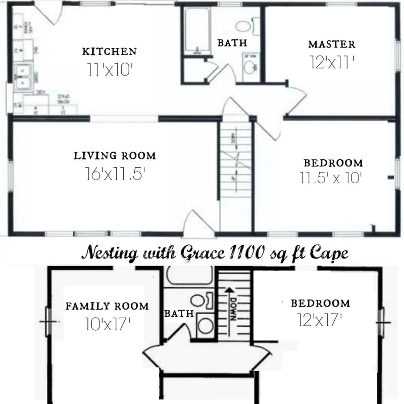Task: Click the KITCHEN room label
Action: click(110, 52)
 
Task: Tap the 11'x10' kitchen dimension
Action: click(110, 70)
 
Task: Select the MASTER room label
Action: click(332, 44)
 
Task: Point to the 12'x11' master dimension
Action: click(332, 62)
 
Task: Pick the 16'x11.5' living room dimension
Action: click(116, 174)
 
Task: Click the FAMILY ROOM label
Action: click(107, 306)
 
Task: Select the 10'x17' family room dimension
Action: click(107, 324)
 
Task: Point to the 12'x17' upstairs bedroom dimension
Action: click(320, 320)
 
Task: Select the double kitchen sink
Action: click(23, 77)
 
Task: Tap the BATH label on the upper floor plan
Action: click(179, 314)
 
